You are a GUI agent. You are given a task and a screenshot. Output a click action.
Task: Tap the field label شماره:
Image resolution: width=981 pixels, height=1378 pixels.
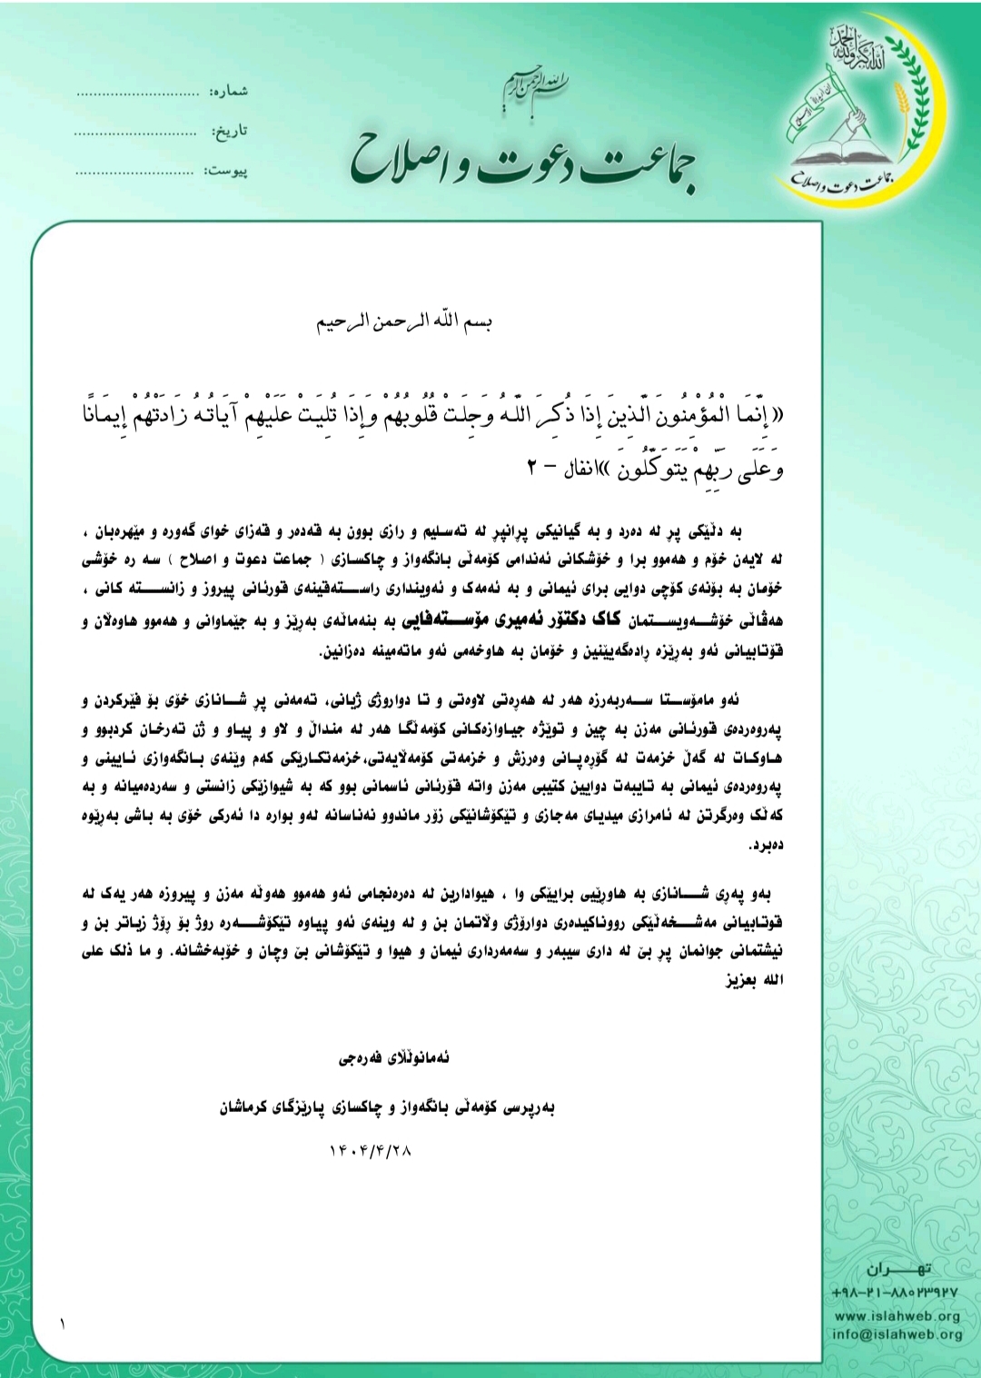click(x=229, y=92)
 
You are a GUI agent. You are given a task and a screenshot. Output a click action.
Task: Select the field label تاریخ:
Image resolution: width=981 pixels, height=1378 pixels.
click(x=231, y=132)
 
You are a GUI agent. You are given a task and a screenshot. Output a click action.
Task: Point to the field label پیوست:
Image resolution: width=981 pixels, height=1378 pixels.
click(x=227, y=171)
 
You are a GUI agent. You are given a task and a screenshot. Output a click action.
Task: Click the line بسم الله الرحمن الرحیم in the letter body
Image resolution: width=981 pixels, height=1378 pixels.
click(x=403, y=322)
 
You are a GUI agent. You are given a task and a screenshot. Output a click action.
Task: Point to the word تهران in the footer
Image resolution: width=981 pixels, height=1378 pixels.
click(x=898, y=1268)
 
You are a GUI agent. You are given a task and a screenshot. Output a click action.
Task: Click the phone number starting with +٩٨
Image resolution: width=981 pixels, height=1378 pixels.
click(x=894, y=1293)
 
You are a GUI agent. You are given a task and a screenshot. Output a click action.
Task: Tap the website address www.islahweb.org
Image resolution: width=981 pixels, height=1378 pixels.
click(x=897, y=1316)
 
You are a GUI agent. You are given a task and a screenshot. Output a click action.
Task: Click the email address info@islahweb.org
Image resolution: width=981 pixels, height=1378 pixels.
click(x=897, y=1334)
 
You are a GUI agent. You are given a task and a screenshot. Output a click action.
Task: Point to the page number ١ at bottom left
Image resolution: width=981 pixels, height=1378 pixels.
click(x=63, y=1324)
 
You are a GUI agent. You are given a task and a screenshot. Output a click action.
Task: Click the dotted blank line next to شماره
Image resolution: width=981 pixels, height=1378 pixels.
click(x=137, y=94)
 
